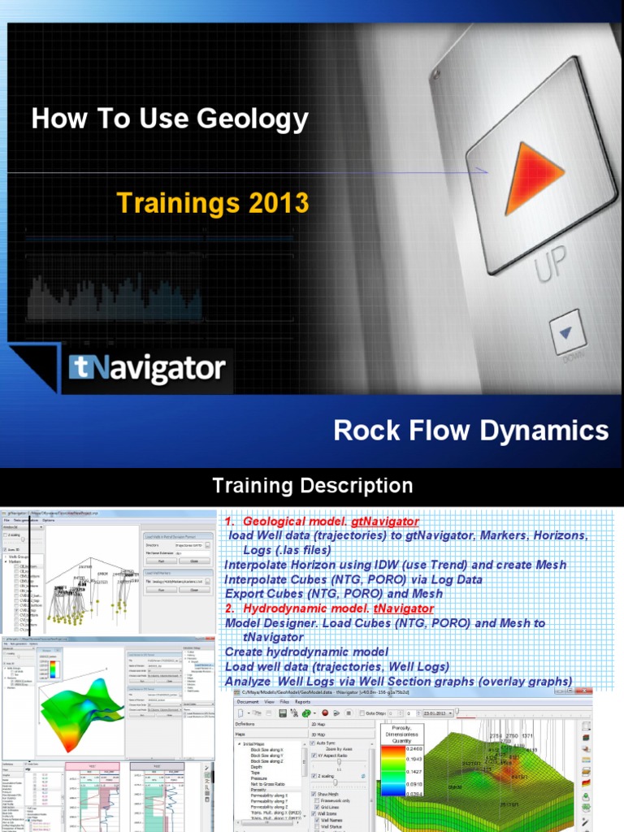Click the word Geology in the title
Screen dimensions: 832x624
coord(258,120)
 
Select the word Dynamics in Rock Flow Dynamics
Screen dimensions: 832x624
coord(552,430)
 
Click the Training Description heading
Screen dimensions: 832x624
coord(312,487)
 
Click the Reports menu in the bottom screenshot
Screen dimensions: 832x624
coord(302,700)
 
